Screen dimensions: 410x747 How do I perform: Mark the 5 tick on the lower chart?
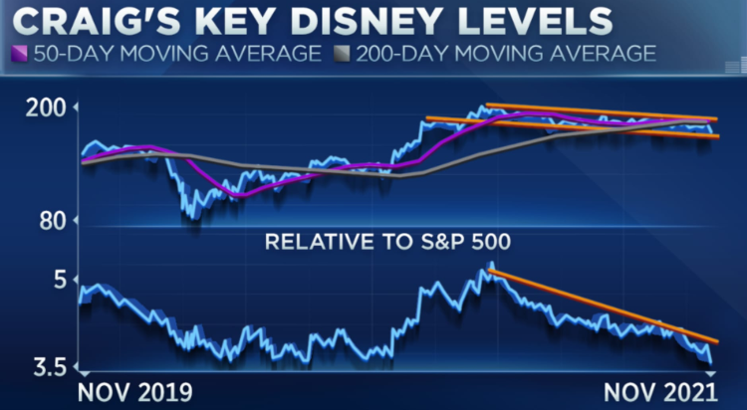click(59, 280)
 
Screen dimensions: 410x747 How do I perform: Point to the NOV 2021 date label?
click(661, 389)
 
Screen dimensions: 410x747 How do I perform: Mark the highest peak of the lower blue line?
click(490, 265)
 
